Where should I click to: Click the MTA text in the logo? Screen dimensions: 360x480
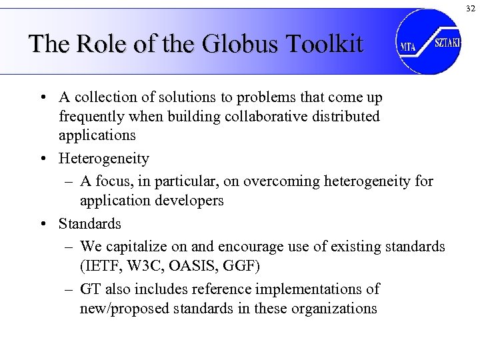pos(408,46)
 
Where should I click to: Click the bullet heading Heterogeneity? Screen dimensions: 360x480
pos(103,159)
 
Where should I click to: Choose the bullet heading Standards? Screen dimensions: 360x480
pos(90,223)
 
